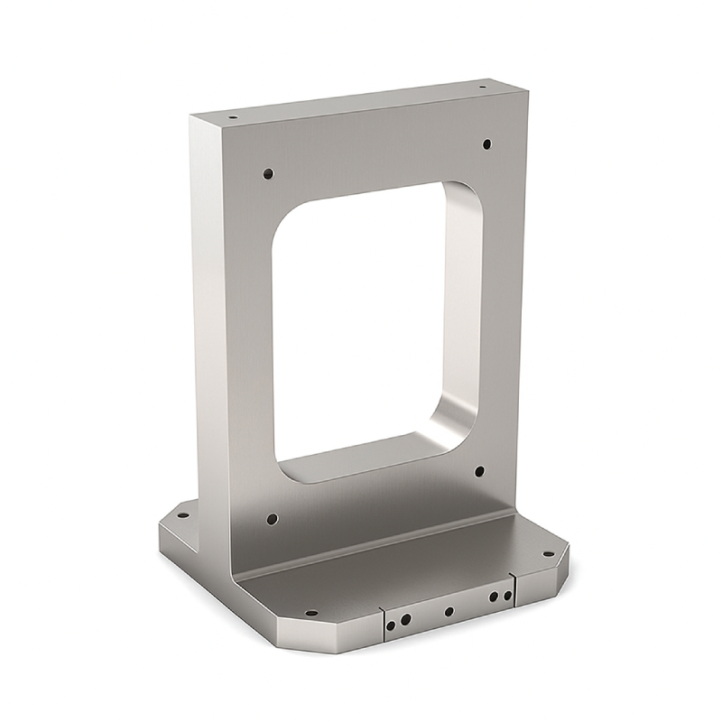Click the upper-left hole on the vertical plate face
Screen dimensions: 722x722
tap(268, 173)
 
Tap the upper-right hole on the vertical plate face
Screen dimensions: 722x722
tap(486, 143)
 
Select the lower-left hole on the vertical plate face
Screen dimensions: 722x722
tap(272, 519)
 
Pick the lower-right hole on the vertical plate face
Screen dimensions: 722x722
tap(479, 471)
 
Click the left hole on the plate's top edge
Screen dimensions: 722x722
tap(233, 117)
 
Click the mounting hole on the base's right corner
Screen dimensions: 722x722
tap(547, 555)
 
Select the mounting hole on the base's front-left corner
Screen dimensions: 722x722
tap(310, 613)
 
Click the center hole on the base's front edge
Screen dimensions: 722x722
tap(449, 611)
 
